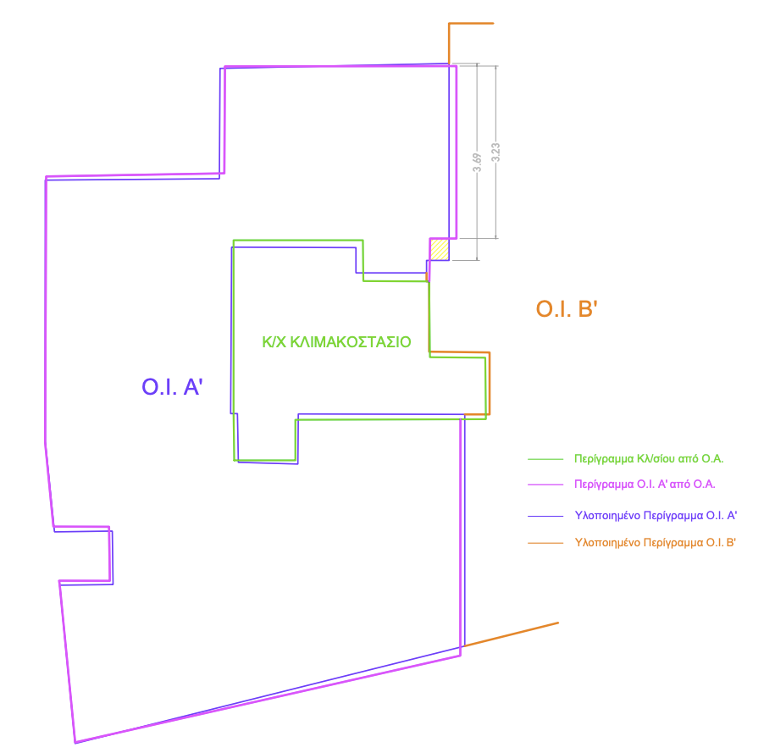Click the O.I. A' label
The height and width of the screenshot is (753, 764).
172,386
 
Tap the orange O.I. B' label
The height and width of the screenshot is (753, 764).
567,309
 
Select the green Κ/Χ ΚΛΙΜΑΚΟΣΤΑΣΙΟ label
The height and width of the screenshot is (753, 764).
337,342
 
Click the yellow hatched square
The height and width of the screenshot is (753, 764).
440,250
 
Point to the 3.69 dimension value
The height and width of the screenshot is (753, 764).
477,163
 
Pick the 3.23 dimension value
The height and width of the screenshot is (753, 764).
495,152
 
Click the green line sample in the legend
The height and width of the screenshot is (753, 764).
545,459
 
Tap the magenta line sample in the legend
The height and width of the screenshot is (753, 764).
545,484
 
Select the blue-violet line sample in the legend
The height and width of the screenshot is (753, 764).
545,516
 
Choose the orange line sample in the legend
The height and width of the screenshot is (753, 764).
545,542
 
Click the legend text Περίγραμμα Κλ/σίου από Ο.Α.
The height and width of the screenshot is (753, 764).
649,459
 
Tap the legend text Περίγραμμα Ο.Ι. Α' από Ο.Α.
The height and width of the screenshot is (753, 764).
645,484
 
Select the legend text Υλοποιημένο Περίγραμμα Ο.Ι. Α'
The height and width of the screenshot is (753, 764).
656,516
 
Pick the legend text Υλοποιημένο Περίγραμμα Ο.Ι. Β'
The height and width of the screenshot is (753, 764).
656,543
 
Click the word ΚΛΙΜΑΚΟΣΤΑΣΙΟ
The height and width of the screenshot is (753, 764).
351,342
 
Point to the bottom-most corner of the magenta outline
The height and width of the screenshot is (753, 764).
75,743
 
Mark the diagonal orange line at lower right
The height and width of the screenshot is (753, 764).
512,634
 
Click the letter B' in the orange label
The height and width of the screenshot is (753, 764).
588,309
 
